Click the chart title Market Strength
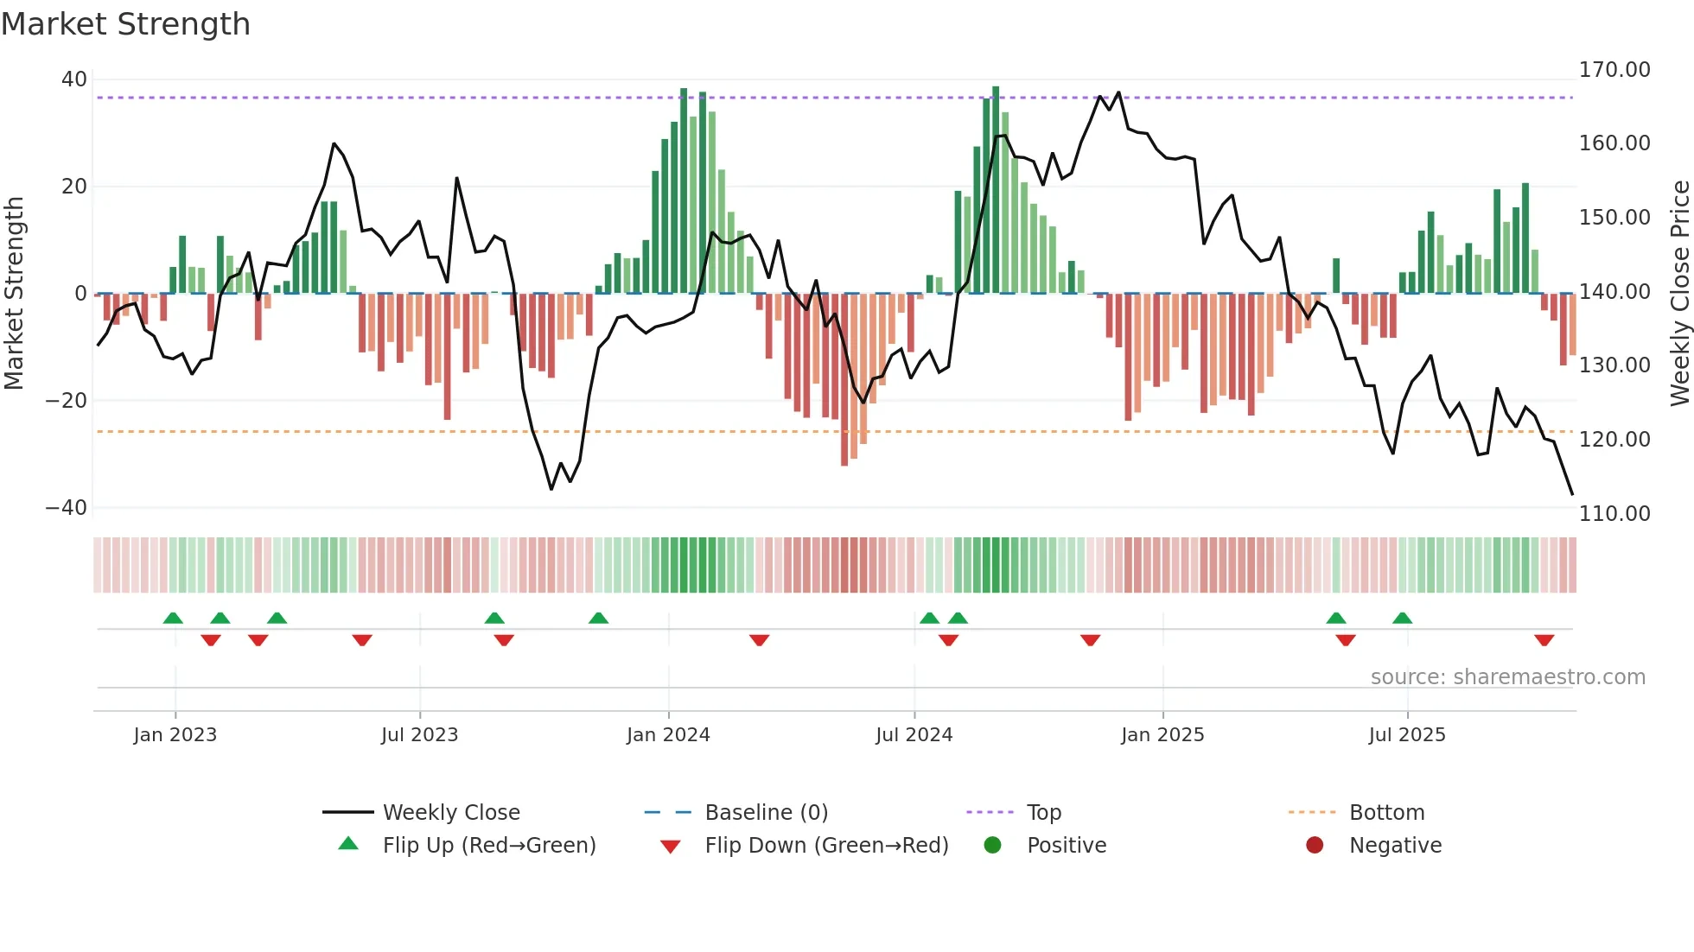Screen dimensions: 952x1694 (125, 24)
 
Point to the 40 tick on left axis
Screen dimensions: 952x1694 (74, 79)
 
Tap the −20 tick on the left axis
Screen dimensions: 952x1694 (67, 401)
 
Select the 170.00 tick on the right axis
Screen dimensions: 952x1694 (1614, 70)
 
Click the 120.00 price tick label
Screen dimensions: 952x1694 (1614, 440)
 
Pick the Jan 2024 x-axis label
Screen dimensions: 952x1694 (668, 735)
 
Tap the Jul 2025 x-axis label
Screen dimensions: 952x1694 (1406, 735)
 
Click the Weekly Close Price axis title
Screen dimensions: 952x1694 (1679, 294)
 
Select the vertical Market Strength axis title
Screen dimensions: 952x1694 (14, 294)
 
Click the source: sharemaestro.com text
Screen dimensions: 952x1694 (1507, 677)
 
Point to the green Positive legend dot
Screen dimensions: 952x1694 (992, 846)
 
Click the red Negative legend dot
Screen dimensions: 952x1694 (1315, 846)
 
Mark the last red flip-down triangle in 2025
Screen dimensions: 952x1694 (1544, 640)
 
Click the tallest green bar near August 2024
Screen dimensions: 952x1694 (996, 190)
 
